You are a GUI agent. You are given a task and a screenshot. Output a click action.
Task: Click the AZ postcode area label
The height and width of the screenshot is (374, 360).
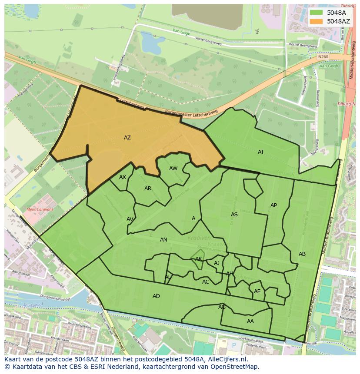point(127,138)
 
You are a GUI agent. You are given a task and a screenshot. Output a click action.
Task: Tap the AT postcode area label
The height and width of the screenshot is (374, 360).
point(261,152)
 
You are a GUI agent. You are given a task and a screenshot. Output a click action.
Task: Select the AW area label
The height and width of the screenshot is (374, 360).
point(173,169)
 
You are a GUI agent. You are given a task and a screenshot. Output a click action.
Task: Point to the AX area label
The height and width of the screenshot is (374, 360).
point(123,177)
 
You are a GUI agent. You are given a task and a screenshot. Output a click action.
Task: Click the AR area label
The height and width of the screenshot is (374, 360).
point(148,189)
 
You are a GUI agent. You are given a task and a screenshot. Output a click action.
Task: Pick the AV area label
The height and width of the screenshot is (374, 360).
point(130,219)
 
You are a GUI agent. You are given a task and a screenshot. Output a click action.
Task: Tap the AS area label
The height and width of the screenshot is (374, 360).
point(234,215)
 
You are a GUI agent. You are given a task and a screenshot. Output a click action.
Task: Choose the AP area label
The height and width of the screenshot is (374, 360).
point(273,205)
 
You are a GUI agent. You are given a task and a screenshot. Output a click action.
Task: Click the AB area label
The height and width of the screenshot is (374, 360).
point(302,254)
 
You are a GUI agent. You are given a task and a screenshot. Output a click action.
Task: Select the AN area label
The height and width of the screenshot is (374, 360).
point(163,240)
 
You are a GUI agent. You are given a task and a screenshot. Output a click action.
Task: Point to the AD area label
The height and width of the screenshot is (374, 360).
point(156,296)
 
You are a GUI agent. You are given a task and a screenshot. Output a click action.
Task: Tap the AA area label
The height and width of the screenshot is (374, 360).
point(250,321)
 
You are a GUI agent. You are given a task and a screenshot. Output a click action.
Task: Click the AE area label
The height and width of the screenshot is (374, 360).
point(257,291)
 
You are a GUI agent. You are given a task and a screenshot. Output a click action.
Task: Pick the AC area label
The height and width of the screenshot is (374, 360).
point(206,282)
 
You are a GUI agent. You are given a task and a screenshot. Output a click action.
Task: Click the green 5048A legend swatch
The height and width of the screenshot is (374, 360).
point(317,13)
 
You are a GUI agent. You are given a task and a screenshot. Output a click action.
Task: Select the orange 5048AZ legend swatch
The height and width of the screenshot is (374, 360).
point(317,21)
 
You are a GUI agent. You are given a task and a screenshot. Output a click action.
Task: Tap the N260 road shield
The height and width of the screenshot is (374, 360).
point(323,56)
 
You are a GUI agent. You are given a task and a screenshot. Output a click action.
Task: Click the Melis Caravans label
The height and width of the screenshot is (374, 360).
point(40,209)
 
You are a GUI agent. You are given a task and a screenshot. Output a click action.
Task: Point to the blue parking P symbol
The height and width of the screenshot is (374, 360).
point(234,345)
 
